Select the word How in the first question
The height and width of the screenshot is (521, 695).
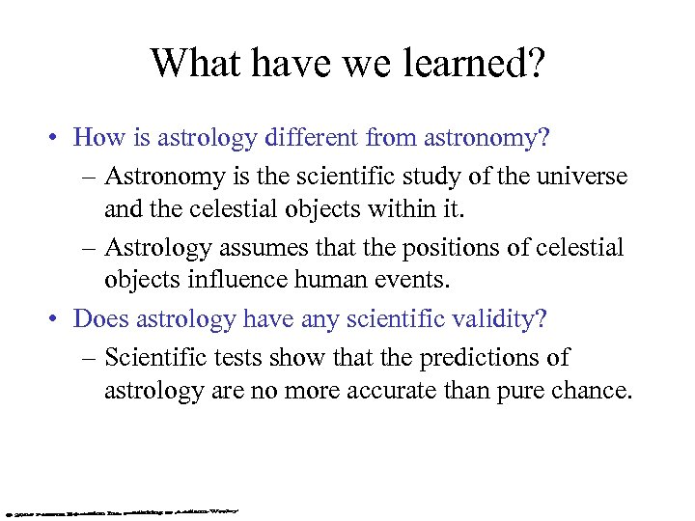(94, 137)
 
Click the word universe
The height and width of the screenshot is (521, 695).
(581, 178)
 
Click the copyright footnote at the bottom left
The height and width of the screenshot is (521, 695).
(121, 507)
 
